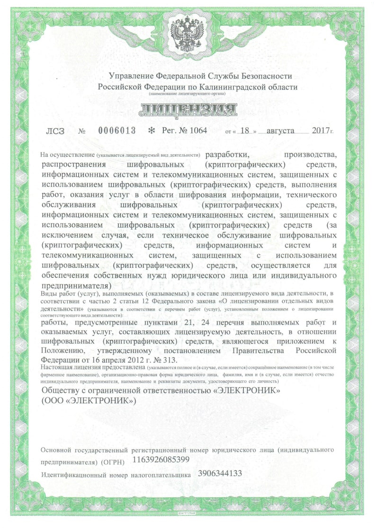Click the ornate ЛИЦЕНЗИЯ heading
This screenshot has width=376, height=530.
tap(188, 111)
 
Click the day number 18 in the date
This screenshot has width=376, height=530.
tap(245, 130)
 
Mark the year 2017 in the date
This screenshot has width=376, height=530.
tap(322, 130)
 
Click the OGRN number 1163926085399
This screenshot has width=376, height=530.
tap(161, 459)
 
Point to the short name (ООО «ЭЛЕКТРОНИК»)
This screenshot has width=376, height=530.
tap(89, 400)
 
